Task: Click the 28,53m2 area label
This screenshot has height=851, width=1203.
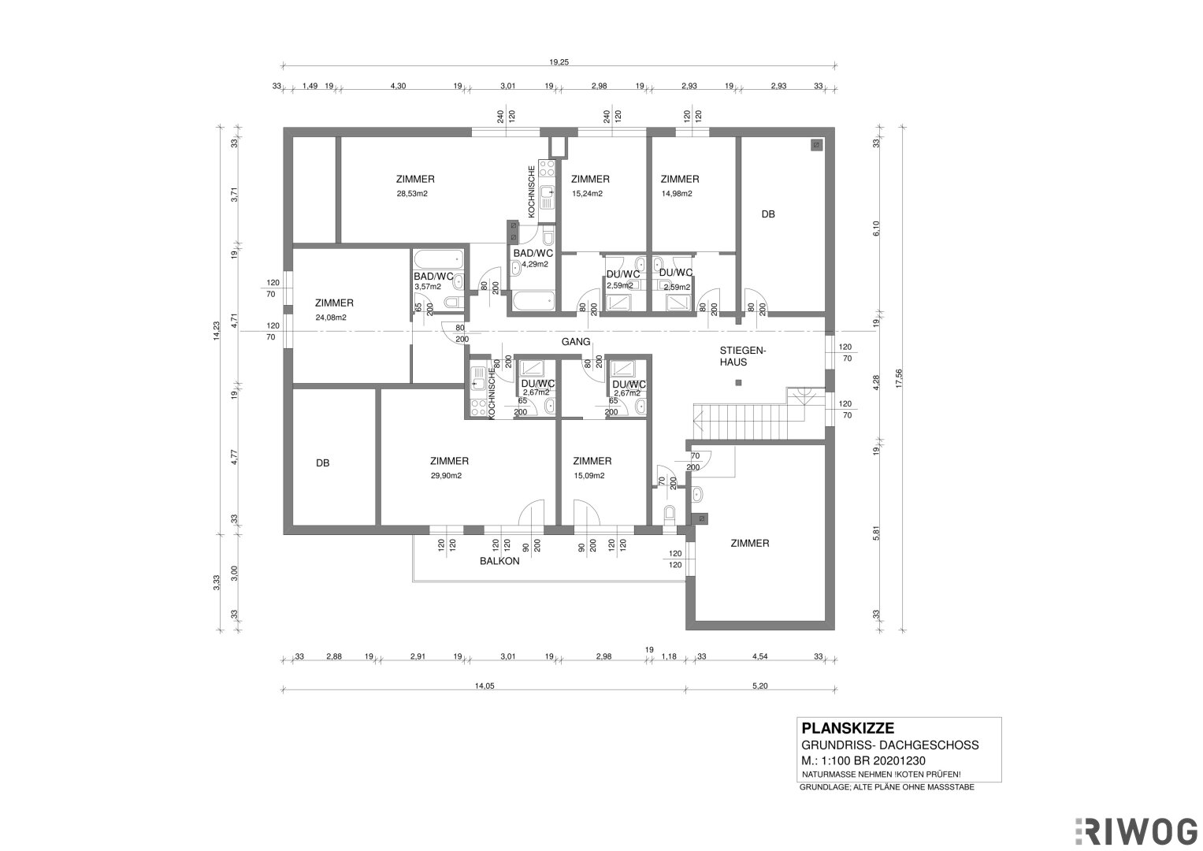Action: tap(412, 194)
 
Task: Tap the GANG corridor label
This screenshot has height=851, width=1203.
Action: tap(576, 342)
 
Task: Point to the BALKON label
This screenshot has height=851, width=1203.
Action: tap(499, 561)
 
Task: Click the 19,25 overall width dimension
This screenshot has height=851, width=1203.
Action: tap(559, 62)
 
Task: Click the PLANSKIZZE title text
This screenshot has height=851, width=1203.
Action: tap(848, 728)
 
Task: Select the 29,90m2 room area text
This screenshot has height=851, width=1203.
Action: tap(446, 476)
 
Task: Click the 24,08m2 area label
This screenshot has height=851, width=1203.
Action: tap(331, 318)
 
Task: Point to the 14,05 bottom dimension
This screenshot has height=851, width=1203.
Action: tap(484, 686)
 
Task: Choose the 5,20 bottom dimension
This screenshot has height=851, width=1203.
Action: tap(760, 686)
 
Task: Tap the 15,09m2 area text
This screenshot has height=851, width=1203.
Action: tap(589, 476)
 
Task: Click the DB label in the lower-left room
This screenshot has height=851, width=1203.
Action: tap(322, 463)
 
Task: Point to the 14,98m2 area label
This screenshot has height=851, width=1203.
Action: tap(676, 194)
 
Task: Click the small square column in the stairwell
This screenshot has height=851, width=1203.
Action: tap(738, 383)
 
